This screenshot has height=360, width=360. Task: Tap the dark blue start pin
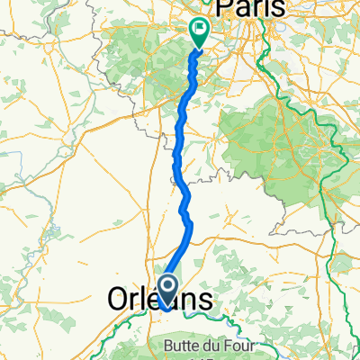(x=167, y=290)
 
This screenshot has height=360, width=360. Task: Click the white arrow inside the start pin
(x=167, y=287)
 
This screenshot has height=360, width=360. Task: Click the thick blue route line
(x=184, y=180)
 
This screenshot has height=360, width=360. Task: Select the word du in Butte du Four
(x=211, y=346)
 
